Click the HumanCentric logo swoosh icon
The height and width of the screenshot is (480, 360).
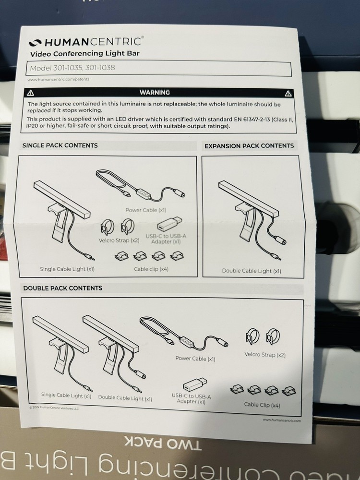[x=35, y=43]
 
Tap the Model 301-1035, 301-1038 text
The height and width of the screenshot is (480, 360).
[x=72, y=68]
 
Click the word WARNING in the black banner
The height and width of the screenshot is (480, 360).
[x=155, y=93]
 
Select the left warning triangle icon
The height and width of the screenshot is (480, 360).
[x=31, y=93]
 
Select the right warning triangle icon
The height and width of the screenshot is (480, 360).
[x=288, y=94]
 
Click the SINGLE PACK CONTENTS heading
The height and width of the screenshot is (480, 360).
[x=60, y=145]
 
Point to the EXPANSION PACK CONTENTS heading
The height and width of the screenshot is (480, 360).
[x=249, y=146]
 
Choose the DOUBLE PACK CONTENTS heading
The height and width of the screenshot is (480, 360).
[x=63, y=288]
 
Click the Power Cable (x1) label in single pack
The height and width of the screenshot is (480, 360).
[x=146, y=210]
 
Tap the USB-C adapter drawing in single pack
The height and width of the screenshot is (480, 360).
[x=169, y=224]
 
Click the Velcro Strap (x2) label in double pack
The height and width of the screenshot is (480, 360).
[x=265, y=355]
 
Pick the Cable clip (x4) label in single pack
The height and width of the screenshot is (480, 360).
[x=151, y=269]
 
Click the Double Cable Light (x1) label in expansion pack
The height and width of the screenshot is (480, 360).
[x=252, y=271]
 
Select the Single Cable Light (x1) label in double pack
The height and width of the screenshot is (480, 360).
[x=66, y=395]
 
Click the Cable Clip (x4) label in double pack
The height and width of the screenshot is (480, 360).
[x=262, y=405]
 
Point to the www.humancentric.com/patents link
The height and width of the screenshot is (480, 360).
[x=59, y=79]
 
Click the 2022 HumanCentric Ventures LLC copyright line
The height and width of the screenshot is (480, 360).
[x=54, y=408]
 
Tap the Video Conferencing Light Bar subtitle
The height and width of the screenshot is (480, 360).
[x=85, y=54]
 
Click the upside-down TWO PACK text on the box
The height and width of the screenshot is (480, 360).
[x=163, y=443]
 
